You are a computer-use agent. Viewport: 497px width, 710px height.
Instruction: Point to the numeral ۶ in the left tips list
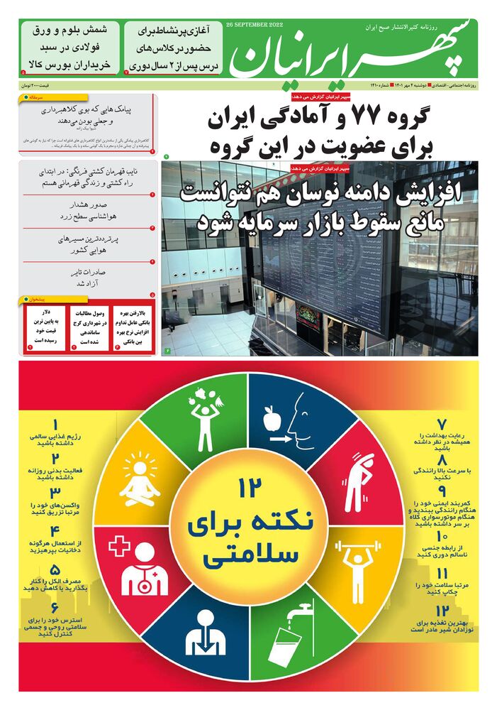tap(55, 608)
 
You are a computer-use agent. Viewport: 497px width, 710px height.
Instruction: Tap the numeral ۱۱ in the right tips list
tap(441, 574)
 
